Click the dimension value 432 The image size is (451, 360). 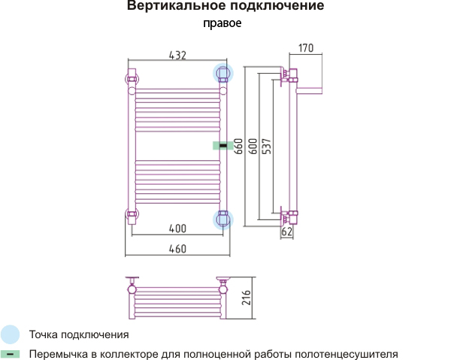point(177,55)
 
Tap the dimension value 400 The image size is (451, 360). point(177,228)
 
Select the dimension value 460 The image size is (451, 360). point(177,249)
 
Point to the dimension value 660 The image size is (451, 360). point(238,147)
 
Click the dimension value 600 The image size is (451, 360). point(253,147)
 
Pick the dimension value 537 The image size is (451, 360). point(267,147)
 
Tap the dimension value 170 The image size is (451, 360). point(306,48)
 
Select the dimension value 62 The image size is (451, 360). point(287,231)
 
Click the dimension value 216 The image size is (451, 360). point(247,298)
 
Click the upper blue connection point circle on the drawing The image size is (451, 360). point(223,74)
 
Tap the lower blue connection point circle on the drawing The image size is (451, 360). point(223,219)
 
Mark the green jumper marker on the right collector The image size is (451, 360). point(223,146)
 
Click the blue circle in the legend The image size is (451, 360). point(10,334)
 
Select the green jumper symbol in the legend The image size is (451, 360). point(10,354)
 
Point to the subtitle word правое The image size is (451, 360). point(222,23)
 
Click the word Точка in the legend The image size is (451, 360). point(44,334)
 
